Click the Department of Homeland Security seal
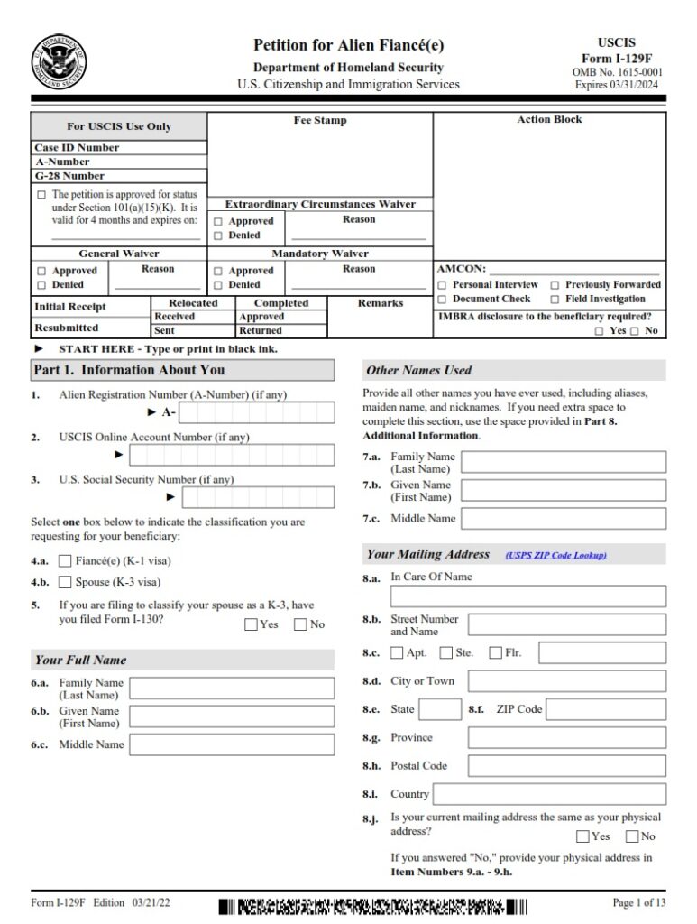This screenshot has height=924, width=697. [x=60, y=61]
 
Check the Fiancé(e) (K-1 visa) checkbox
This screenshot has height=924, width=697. [x=65, y=561]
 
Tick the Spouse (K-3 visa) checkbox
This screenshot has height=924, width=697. [x=65, y=582]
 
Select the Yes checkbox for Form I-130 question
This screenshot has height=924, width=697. [x=251, y=624]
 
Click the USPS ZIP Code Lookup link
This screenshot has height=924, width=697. [x=555, y=555]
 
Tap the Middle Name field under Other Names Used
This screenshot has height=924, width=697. [x=564, y=520]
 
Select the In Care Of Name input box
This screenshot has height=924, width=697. [x=527, y=596]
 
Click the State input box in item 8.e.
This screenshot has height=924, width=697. [x=440, y=710]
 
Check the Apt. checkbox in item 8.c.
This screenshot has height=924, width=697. [x=398, y=652]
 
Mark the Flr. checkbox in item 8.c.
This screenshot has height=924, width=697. [x=495, y=652]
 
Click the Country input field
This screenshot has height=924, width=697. [x=550, y=794]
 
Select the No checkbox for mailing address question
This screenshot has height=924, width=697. [x=632, y=836]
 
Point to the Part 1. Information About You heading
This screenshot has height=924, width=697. [x=130, y=370]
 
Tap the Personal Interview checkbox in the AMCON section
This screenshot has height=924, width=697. [x=443, y=284]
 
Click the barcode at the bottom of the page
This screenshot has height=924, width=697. [x=372, y=905]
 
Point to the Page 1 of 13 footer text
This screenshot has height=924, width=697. [x=638, y=902]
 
